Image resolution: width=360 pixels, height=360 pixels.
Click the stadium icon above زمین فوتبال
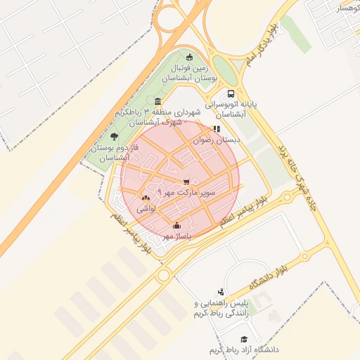pos(188,57)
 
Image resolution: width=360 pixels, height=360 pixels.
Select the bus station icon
pos(231,94)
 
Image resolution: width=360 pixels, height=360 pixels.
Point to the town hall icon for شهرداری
pos(156,102)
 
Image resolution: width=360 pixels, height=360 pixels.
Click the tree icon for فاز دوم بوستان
pos(115,136)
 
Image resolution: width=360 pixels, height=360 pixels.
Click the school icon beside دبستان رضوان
pos(217,129)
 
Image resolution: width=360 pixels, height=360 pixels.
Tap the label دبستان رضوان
pos(219,141)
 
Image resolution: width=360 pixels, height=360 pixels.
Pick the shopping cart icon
pos(186,181)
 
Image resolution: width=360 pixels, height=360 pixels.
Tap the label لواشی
pos(146,209)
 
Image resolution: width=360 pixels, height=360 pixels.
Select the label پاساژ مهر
pos(176,237)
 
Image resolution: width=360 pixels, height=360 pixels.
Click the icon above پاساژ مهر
pos(176,226)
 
